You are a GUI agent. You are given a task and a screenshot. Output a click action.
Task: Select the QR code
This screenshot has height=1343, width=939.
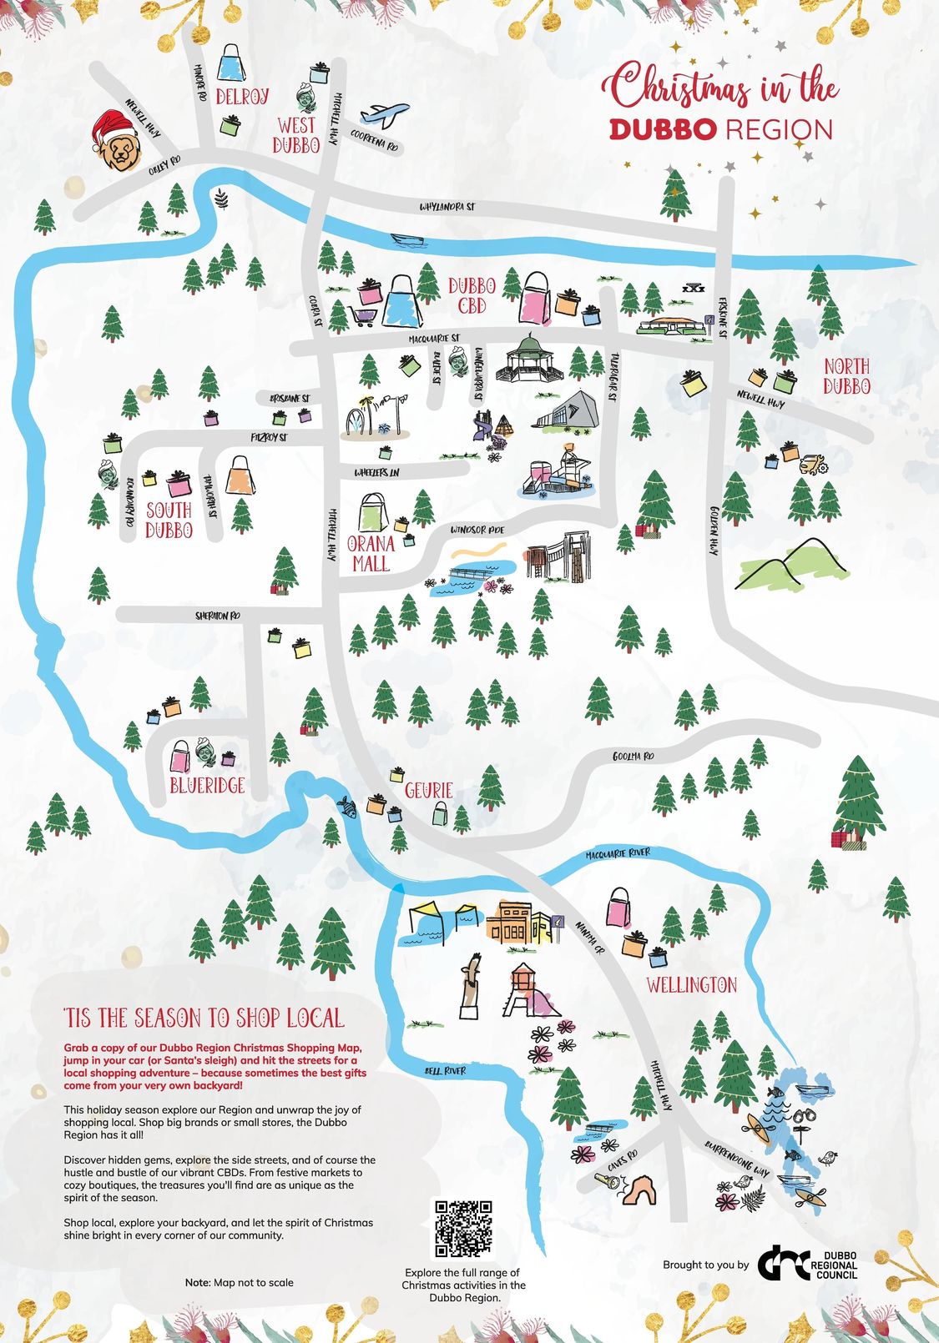(x=462, y=1228)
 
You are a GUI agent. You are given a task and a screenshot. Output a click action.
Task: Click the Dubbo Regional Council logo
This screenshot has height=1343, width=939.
(x=808, y=1265)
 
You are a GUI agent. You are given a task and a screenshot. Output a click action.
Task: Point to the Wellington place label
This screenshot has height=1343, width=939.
(x=691, y=985)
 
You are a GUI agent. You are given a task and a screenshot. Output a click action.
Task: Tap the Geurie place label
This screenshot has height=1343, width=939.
(x=428, y=790)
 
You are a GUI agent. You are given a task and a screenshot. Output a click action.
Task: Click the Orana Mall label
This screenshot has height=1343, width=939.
(x=371, y=553)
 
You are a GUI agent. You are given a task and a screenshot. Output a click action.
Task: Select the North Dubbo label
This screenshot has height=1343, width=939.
(x=846, y=376)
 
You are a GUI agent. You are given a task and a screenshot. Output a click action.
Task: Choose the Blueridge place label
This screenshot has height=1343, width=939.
(x=207, y=785)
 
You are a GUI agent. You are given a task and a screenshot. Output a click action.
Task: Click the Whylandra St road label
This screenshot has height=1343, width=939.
(x=447, y=206)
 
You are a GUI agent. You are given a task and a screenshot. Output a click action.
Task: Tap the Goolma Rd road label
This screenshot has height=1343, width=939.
(x=633, y=756)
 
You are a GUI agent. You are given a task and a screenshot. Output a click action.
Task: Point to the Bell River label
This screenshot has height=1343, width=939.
(x=445, y=1070)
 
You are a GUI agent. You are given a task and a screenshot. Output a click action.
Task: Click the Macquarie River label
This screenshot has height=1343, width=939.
(x=618, y=853)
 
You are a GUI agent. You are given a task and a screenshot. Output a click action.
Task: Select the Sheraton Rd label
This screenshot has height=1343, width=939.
(x=218, y=616)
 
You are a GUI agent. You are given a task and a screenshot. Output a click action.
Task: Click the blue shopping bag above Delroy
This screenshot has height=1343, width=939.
(x=231, y=63)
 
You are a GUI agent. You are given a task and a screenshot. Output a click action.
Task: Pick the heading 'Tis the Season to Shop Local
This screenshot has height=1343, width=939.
(x=204, y=1018)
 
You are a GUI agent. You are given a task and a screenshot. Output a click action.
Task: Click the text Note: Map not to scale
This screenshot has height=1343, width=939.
(x=239, y=1282)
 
